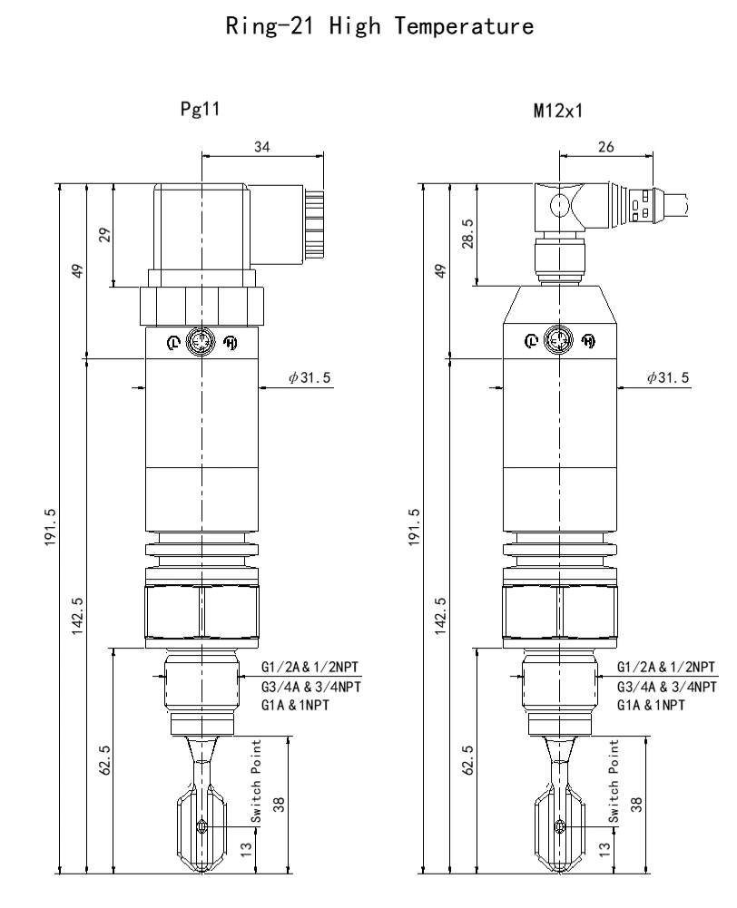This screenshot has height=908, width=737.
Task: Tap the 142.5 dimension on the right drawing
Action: (x=440, y=617)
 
